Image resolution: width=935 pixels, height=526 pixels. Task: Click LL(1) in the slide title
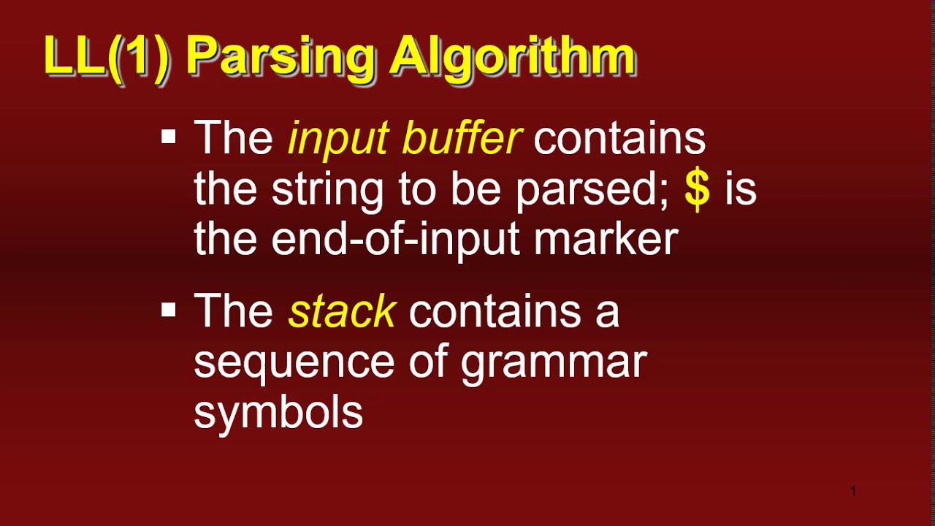pyautogui.click(x=107, y=57)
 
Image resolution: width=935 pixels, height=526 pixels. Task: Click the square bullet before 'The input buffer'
pyautogui.click(x=169, y=137)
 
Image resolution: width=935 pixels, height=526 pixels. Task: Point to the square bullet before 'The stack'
pyautogui.click(x=169, y=310)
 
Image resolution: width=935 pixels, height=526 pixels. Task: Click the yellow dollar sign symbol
pyautogui.click(x=698, y=188)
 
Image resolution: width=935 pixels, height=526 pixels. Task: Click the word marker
pyautogui.click(x=606, y=239)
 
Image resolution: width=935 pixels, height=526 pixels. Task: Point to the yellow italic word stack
pyautogui.click(x=342, y=312)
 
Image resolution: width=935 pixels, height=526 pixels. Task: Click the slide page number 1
pyautogui.click(x=853, y=491)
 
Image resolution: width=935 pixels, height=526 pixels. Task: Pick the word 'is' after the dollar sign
pyautogui.click(x=741, y=188)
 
